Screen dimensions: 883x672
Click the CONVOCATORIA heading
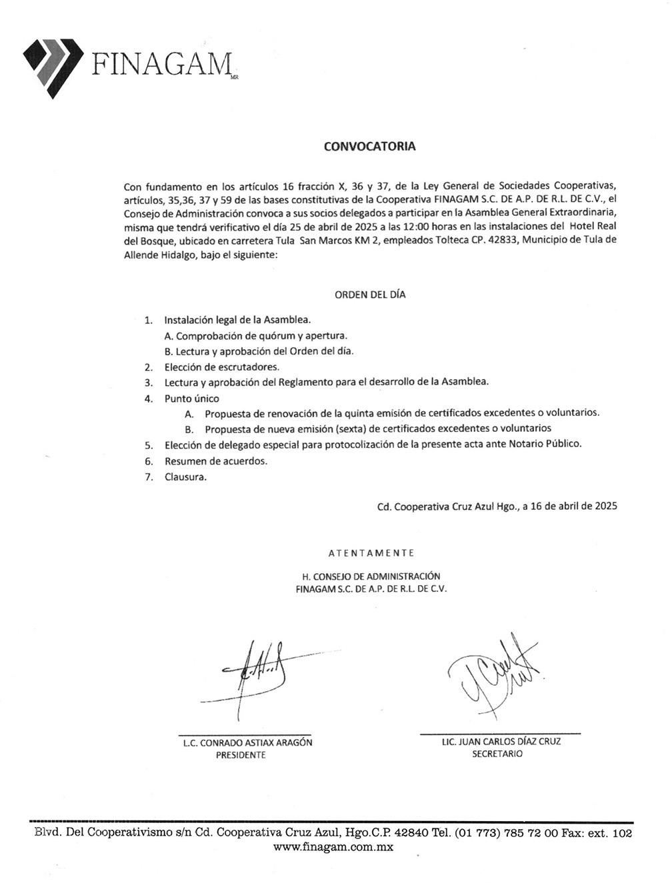click(x=369, y=147)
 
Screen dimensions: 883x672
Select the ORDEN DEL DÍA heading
click(x=370, y=295)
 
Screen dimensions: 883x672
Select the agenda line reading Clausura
click(x=185, y=476)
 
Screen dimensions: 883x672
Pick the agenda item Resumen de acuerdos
click(x=215, y=460)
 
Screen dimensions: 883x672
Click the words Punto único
click(x=192, y=399)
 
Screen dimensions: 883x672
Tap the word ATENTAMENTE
click(x=371, y=553)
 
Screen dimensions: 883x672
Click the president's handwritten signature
click(x=257, y=676)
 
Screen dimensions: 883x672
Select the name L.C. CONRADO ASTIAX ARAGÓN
click(x=247, y=742)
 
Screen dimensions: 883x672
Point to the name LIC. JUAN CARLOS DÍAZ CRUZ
click(x=501, y=741)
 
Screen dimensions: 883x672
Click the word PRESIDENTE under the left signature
click(x=241, y=755)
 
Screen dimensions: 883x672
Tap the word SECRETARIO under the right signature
click(x=497, y=754)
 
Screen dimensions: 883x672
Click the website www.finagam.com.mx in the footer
click(x=333, y=847)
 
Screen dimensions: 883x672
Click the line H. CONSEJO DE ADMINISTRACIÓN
click(x=371, y=576)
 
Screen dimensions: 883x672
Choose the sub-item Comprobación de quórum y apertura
click(x=255, y=336)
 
